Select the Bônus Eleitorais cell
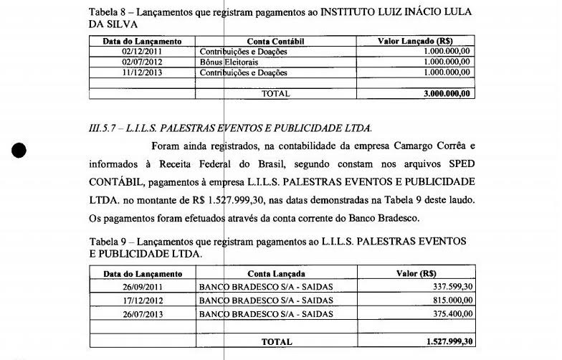pos(223,62)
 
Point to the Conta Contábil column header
pos(275,42)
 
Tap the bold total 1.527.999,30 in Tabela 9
pos(449,342)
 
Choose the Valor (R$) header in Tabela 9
pos(416,274)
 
